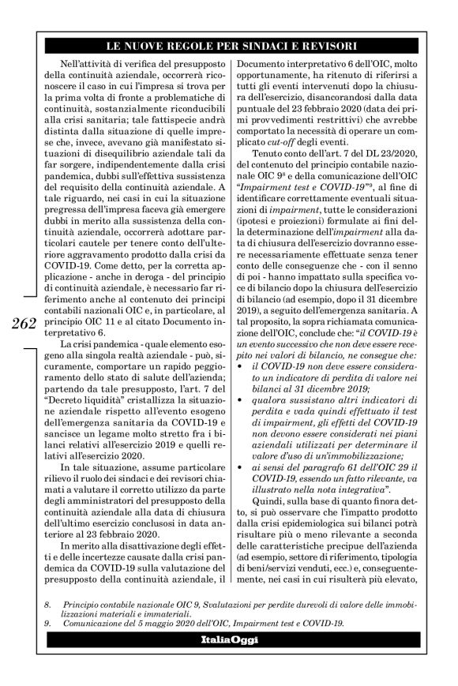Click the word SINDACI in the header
pos(269,45)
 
